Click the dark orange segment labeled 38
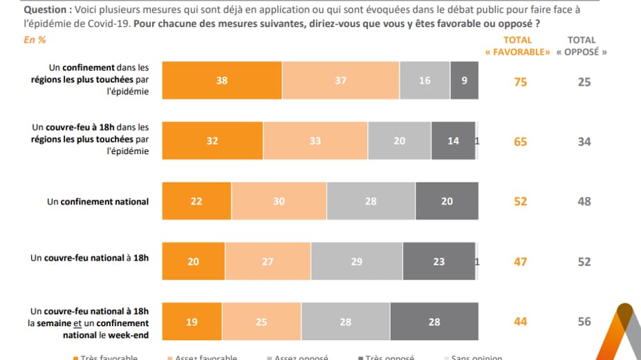pos(221,80)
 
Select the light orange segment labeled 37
pos(341,80)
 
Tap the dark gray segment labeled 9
pos(464,80)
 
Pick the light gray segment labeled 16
pos(425,80)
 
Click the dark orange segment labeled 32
pos(212,141)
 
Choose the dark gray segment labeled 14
pos(454,141)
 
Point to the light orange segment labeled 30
pos(279,201)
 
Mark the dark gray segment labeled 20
pos(447,201)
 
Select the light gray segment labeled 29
pos(357,262)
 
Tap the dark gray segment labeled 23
pos(439,262)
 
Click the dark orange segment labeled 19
pos(192,322)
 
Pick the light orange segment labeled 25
pos(261,322)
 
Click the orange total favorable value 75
pos(520,82)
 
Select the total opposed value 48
pos(584,201)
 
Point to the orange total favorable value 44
pos(520,322)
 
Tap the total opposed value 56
pos(584,322)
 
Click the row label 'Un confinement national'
pos(97,202)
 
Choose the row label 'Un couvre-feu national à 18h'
pos(89,258)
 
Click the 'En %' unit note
pos(35,40)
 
